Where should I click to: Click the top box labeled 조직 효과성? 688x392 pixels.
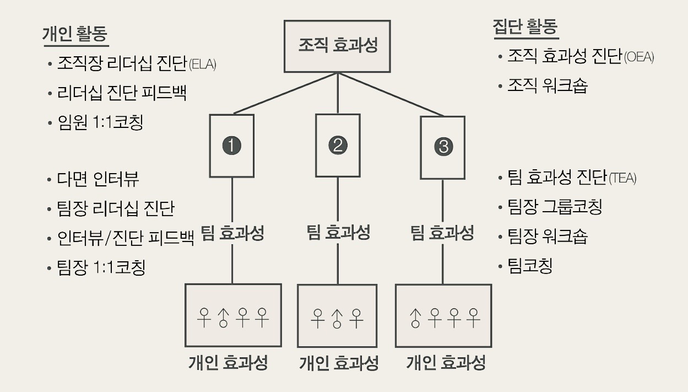[337, 46]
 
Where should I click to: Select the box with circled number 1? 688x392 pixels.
[232, 146]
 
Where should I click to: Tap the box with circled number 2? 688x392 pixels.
[337, 145]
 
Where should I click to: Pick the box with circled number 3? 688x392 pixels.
[442, 147]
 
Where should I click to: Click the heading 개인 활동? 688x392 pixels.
[75, 34]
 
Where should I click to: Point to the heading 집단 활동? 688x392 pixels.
[526, 28]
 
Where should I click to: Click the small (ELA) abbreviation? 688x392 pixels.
[202, 65]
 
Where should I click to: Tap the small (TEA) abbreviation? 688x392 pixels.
[622, 178]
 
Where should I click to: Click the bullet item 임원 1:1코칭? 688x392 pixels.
[100, 122]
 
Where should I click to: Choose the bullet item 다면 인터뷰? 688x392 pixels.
[98, 179]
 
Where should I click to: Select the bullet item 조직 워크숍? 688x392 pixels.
[548, 86]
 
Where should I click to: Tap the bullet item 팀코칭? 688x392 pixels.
[530, 266]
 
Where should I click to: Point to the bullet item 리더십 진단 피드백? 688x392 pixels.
[122, 93]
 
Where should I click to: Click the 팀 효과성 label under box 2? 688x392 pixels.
[338, 232]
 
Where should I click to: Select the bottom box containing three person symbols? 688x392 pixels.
[337, 316]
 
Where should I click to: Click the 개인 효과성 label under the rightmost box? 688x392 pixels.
[446, 363]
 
